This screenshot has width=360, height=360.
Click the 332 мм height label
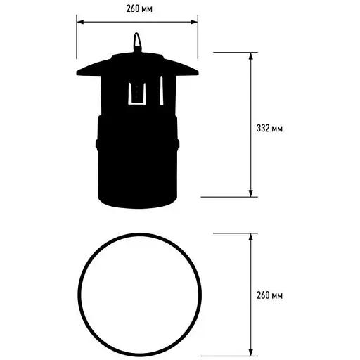[x=269, y=129]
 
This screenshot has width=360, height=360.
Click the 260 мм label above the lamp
[x=139, y=9]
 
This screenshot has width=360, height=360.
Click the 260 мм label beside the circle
[x=269, y=295]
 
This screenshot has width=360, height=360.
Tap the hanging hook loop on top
[x=137, y=42]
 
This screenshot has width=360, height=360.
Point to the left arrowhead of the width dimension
[x=80, y=22]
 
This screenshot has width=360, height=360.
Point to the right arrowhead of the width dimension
[x=194, y=22]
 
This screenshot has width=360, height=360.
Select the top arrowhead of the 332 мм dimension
[x=251, y=56]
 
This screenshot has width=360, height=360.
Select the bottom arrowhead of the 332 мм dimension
[x=251, y=193]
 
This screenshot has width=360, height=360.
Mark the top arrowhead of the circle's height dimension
[x=251, y=237]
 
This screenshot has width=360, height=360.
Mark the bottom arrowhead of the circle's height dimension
[x=251, y=352]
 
